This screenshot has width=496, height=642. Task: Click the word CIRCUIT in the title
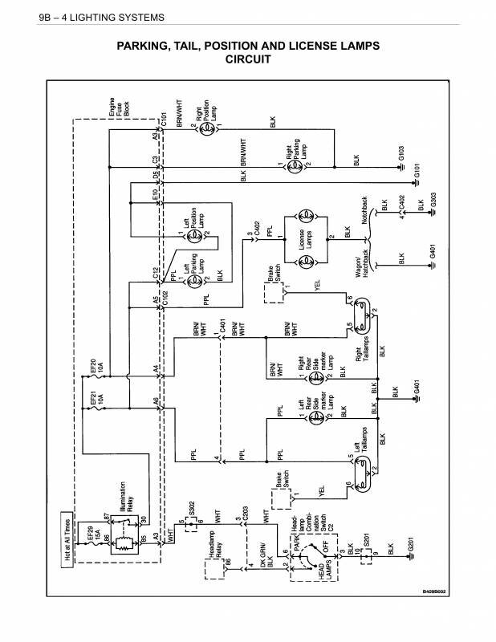coord(248,59)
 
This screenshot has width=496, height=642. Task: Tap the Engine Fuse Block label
coord(112,110)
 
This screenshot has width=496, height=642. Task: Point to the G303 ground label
coord(433,199)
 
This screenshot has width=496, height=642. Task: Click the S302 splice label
coord(192,510)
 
